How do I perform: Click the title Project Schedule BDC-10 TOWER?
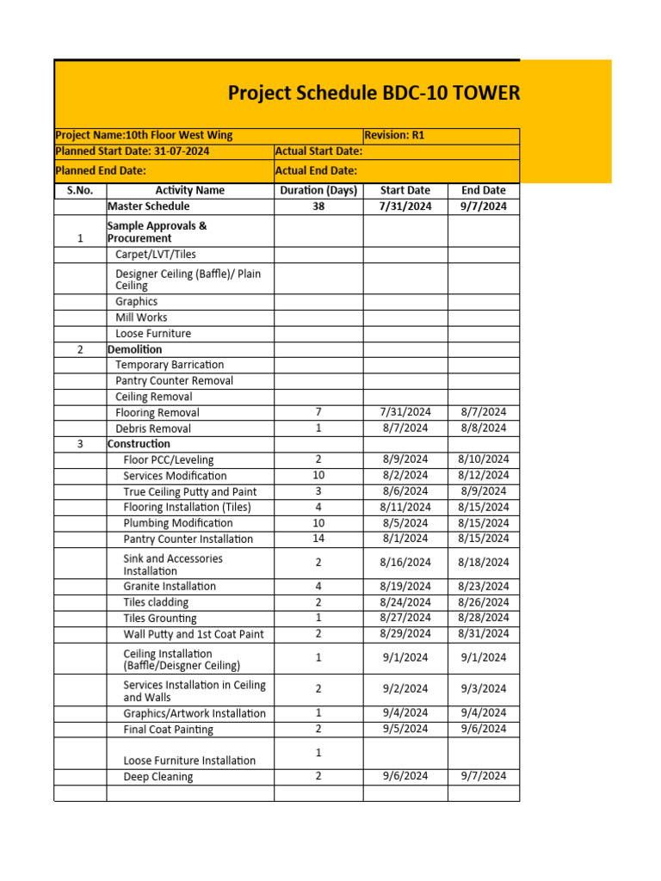tap(374, 93)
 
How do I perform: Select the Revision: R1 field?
tap(395, 135)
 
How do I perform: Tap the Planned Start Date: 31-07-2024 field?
tap(133, 151)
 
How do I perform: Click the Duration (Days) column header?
tap(318, 190)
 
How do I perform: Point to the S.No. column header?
tap(80, 190)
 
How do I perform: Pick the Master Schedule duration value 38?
tap(318, 206)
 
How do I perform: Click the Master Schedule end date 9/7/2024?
tap(484, 206)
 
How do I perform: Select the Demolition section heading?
tap(134, 349)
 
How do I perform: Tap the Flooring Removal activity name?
tap(158, 413)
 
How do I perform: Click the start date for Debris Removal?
tap(405, 428)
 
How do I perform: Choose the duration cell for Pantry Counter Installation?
tap(318, 539)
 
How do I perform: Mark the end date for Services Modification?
tap(484, 475)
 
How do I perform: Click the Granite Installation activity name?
tap(170, 586)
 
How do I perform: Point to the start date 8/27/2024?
tap(405, 618)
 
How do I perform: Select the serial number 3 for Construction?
tap(80, 444)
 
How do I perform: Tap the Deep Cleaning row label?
tap(158, 777)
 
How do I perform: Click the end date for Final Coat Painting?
tap(484, 729)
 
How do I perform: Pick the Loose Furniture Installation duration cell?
tap(318, 753)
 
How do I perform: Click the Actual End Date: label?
tap(316, 170)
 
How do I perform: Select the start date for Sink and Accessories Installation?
tap(405, 563)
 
